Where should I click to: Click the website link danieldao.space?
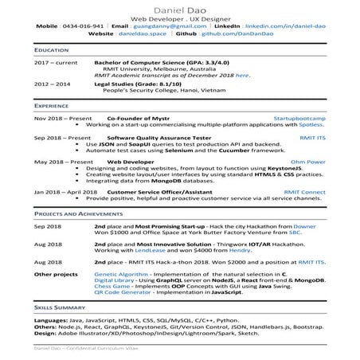point(143,36)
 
